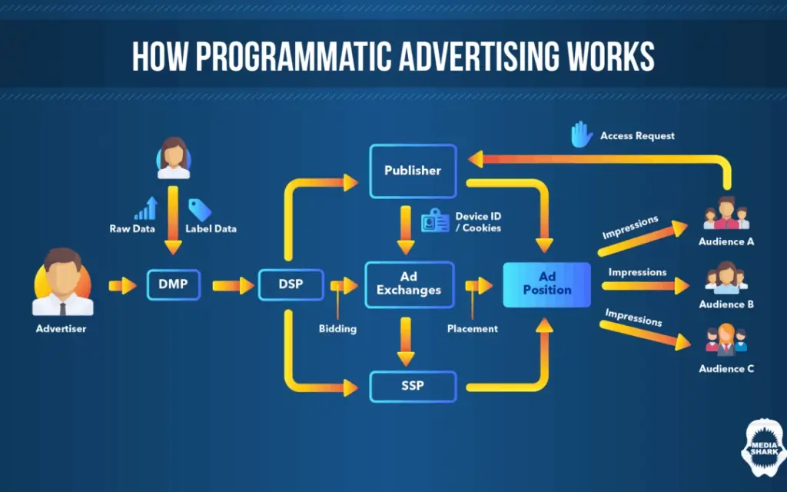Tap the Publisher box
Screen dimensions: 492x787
click(413, 170)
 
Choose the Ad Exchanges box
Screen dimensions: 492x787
click(410, 284)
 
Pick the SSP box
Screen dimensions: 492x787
click(413, 386)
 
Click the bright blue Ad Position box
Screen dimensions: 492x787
click(546, 284)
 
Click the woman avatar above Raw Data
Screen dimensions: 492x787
click(174, 158)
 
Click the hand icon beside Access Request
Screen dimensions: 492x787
click(581, 135)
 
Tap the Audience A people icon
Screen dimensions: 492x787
click(726, 214)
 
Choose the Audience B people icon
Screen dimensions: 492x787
click(726, 278)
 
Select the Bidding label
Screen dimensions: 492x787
click(337, 328)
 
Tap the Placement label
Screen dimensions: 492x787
click(472, 328)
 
